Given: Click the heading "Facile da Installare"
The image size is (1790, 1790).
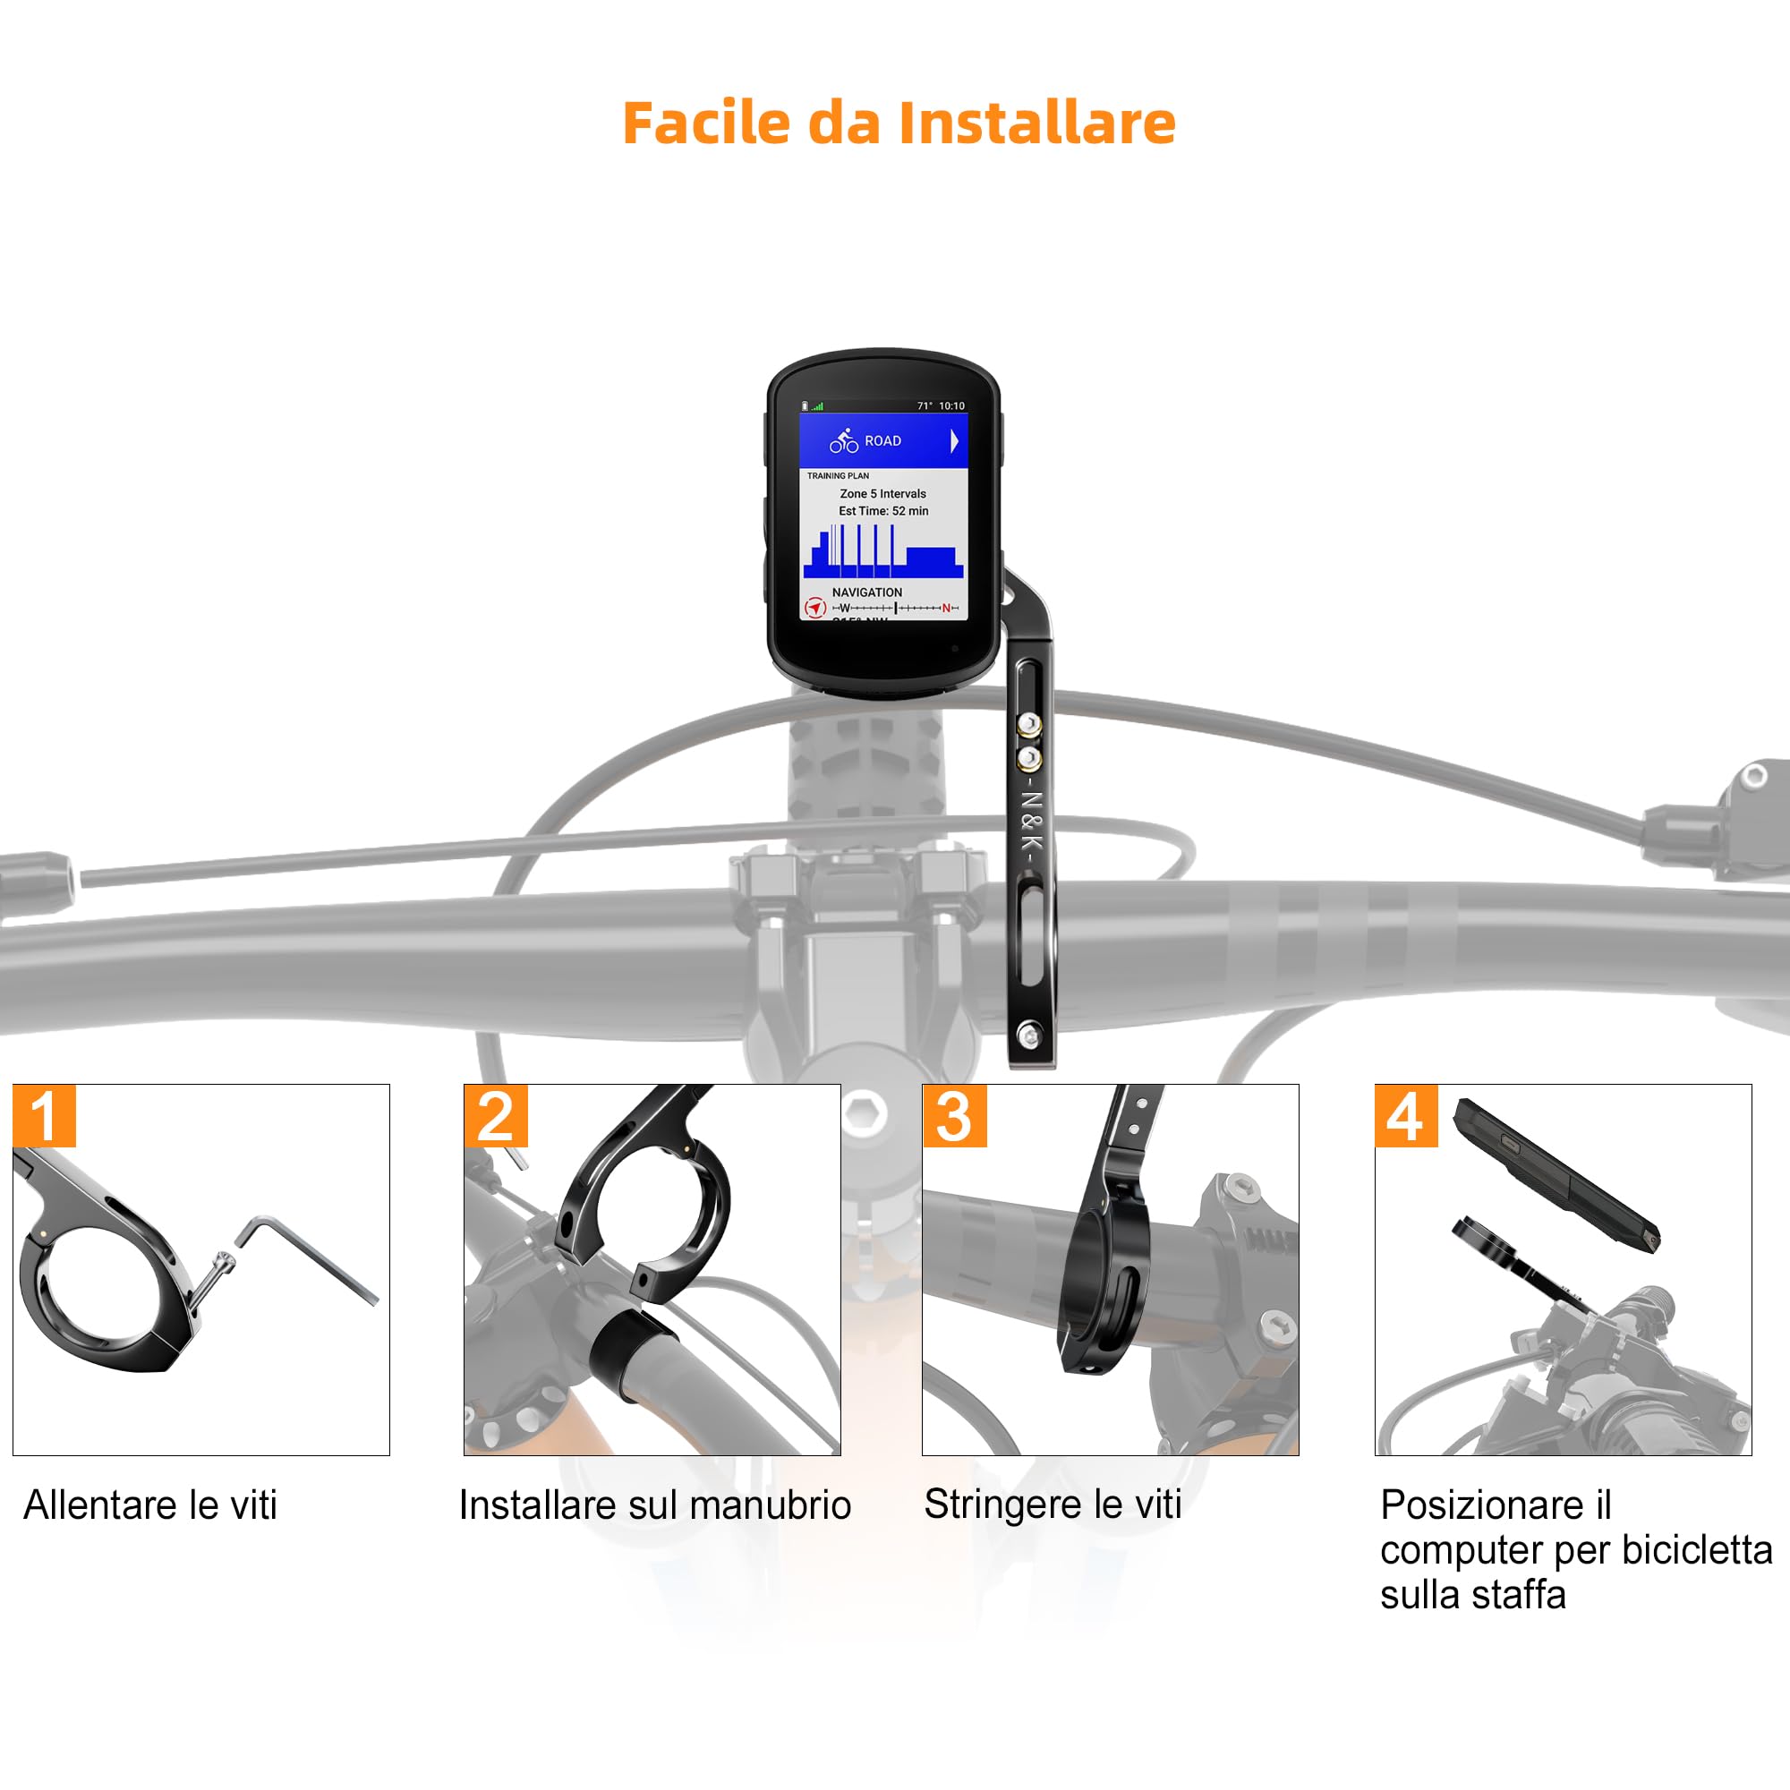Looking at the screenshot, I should (899, 123).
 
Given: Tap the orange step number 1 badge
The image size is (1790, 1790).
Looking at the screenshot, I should (45, 1116).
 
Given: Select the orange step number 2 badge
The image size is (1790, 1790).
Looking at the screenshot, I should (496, 1116).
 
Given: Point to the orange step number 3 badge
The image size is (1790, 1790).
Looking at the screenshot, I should (954, 1116).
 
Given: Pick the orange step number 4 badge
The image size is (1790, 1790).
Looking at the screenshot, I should (1405, 1116).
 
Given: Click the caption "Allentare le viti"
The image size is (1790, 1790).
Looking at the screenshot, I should (150, 1504).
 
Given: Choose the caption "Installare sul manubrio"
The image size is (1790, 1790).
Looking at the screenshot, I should (654, 1504).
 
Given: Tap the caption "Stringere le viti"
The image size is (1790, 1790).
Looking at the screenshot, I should (1053, 1504).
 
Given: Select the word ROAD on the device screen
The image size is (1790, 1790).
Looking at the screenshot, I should (882, 441).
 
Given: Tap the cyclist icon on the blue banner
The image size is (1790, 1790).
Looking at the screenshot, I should (844, 441).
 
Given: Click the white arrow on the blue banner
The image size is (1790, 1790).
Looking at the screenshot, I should (953, 441).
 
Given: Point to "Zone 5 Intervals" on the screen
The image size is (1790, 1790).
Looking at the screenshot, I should (883, 494).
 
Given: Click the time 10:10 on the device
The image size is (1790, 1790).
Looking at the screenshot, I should (951, 405).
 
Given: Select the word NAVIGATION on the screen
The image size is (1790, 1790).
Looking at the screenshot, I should (866, 592).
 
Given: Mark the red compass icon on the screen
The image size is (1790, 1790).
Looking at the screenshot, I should (814, 608).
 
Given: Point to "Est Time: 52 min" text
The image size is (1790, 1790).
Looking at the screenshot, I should (883, 510).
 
